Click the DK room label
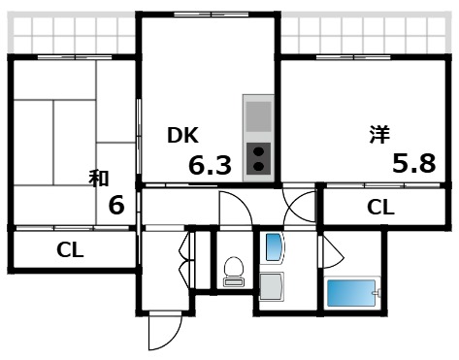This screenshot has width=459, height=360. click(183, 136)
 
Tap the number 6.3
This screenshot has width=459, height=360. click(210, 166)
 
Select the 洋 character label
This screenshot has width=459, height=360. click(379, 135)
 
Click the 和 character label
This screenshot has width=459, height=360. click(98, 178)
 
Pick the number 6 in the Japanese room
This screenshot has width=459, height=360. click(116, 206)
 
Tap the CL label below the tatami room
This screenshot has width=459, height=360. click(70, 249)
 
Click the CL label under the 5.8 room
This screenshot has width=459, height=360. click(380, 207)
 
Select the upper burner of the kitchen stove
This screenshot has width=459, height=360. click(259, 149)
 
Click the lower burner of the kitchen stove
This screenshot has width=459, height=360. click(259, 166)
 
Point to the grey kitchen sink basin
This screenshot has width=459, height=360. click(259, 117)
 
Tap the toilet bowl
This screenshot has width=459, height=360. click(233, 266)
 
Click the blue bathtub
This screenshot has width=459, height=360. click(350, 293)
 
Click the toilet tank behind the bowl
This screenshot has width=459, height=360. click(233, 281)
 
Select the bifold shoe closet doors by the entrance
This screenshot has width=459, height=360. click(184, 256)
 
